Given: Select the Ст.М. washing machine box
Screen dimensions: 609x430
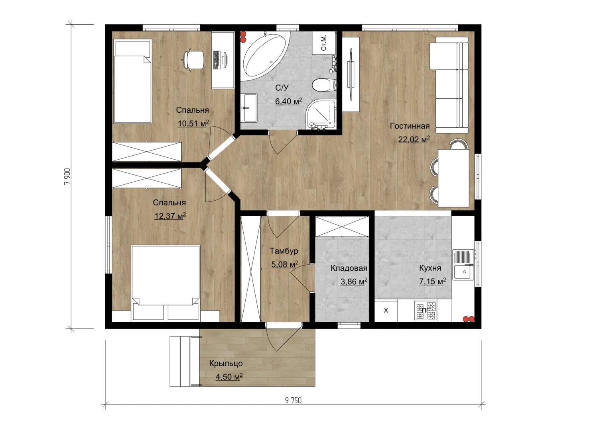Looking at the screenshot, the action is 323,43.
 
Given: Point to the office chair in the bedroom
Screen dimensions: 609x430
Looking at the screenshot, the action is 193,60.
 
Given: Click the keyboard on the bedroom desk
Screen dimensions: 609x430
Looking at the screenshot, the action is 217,60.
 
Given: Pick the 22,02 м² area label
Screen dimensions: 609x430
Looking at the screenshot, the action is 414,139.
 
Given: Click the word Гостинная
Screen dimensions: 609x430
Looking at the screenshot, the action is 410,126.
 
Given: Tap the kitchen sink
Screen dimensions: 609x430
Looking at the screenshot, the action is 463,265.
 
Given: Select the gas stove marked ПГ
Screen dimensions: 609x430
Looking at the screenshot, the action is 426,310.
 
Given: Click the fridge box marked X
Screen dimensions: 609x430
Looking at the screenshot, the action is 386,311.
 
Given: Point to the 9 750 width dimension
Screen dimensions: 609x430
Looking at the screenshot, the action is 293,401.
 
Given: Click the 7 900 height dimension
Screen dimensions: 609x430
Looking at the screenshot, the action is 67,176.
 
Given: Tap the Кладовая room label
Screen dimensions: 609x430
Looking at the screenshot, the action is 349,268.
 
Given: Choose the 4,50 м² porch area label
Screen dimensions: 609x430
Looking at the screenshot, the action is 229,377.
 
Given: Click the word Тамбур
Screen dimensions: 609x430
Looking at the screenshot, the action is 284,251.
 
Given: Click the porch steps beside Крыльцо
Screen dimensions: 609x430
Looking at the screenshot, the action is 185,362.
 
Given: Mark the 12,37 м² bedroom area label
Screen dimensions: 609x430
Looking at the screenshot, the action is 170,216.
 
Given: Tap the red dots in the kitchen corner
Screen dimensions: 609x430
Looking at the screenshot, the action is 469,319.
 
